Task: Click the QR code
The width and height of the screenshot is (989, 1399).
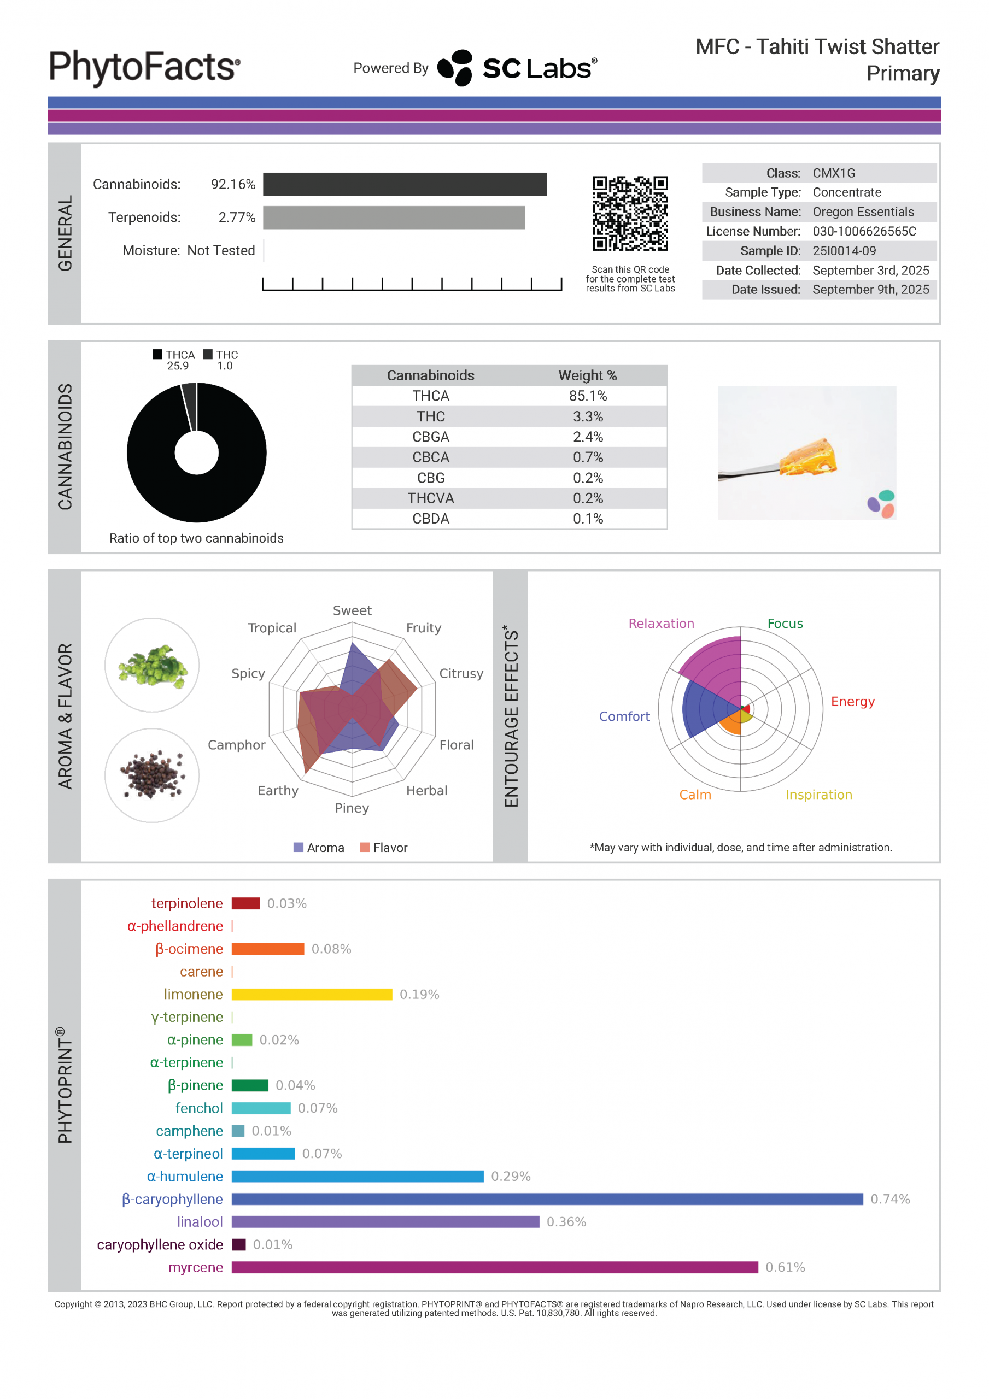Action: tap(630, 213)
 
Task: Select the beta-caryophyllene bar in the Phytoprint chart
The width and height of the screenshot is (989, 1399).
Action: tap(547, 1198)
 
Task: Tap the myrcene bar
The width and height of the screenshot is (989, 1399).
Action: tap(494, 1267)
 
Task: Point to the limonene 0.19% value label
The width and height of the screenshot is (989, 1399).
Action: tap(419, 994)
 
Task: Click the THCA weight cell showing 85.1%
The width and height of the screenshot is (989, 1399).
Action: tap(588, 396)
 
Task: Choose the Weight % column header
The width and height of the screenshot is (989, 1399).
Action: tap(587, 375)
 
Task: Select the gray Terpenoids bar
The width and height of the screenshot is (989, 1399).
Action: tap(393, 218)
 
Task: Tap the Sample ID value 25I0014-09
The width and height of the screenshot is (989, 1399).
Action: tap(844, 250)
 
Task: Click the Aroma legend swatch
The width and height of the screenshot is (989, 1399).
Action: tap(298, 847)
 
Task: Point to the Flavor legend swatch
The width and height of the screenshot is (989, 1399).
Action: tap(365, 847)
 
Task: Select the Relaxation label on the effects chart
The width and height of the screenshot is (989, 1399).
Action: tap(661, 624)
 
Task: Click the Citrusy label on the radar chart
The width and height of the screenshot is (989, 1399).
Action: tap(461, 673)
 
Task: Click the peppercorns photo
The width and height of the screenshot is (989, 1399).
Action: tap(153, 774)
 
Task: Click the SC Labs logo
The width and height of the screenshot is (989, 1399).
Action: tap(517, 68)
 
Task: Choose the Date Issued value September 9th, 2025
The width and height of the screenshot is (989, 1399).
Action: tap(870, 290)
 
